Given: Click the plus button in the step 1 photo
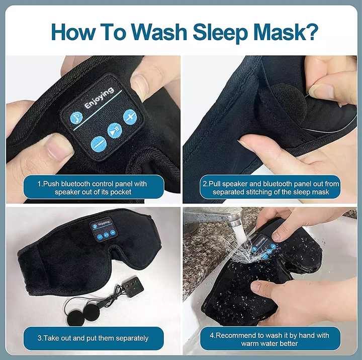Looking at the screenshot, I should point(130,117).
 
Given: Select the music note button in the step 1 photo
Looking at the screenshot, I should point(76,118).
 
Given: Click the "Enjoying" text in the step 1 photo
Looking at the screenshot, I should point(99,98).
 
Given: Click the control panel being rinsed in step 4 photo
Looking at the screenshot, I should point(263,246).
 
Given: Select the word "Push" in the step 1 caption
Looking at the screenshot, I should point(52,184).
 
